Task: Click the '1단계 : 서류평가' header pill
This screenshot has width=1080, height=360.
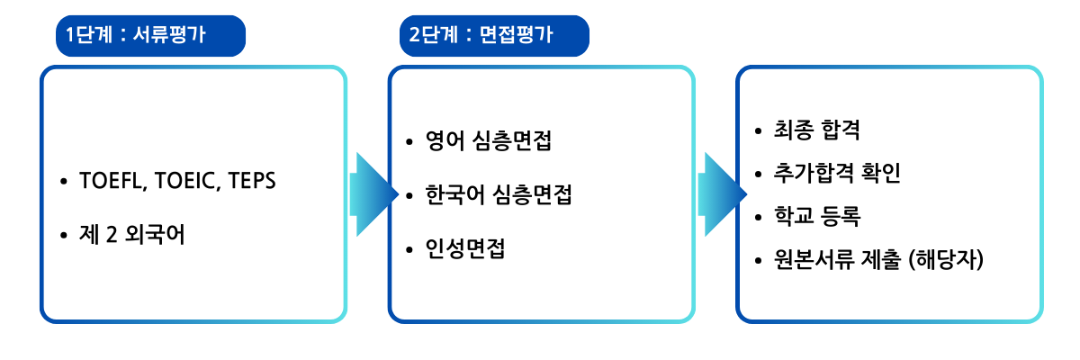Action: coord(150,36)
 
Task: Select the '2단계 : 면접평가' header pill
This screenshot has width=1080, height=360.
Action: coord(494,36)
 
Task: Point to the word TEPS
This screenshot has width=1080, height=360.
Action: coord(252,181)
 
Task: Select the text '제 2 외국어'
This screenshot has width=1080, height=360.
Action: coord(132,235)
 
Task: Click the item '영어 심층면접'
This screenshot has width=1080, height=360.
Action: coord(489,140)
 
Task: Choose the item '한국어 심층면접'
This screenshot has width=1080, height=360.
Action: coord(499,194)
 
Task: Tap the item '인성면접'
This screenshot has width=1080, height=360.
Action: coord(465,248)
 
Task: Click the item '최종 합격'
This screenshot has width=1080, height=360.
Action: coord(817,130)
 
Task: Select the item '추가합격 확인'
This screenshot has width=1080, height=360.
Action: coord(837,173)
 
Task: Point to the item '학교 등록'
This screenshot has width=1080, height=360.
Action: coord(817,216)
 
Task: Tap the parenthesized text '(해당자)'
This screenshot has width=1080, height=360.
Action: coord(946,259)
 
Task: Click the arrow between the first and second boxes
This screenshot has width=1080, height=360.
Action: coord(374,194)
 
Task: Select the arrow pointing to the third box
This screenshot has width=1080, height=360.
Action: coord(722,194)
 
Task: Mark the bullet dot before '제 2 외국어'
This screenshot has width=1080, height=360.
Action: coord(64,235)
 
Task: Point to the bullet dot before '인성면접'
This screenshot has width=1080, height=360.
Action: coord(409,249)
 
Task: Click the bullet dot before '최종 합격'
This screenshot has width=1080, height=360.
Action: coord(759,130)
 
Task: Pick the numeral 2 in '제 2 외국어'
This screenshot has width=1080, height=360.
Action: coord(112,235)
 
